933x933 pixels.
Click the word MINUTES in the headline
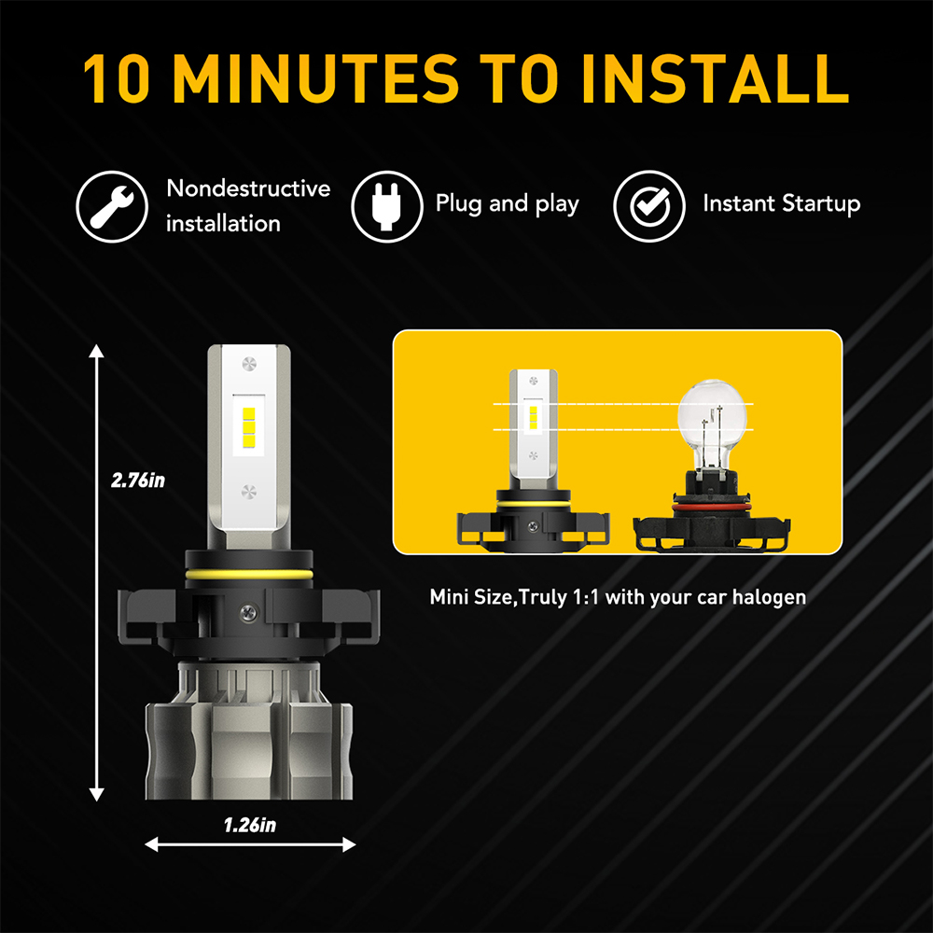pyautogui.click(x=316, y=78)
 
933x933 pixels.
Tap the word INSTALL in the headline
pyautogui.click(x=715, y=78)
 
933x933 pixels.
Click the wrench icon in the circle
pyautogui.click(x=112, y=206)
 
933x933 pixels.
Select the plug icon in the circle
pyautogui.click(x=387, y=206)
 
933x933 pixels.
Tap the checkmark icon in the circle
pyautogui.click(x=649, y=206)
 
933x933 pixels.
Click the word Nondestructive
pyautogui.click(x=248, y=188)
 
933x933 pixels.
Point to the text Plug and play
pyautogui.click(x=507, y=203)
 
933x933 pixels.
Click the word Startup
pyautogui.click(x=821, y=203)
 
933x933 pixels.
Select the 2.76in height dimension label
pyautogui.click(x=138, y=480)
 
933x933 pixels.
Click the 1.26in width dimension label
pyautogui.click(x=250, y=825)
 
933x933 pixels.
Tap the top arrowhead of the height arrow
pyautogui.click(x=96, y=351)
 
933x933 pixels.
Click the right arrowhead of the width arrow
pyautogui.click(x=349, y=844)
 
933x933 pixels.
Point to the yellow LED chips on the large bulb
pyautogui.click(x=249, y=427)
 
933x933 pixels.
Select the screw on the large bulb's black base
pyautogui.click(x=248, y=611)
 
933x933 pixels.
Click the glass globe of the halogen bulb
pyautogui.click(x=712, y=415)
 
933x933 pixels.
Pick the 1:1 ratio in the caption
pyautogui.click(x=586, y=597)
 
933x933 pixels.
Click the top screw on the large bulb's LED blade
pyautogui.click(x=249, y=364)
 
